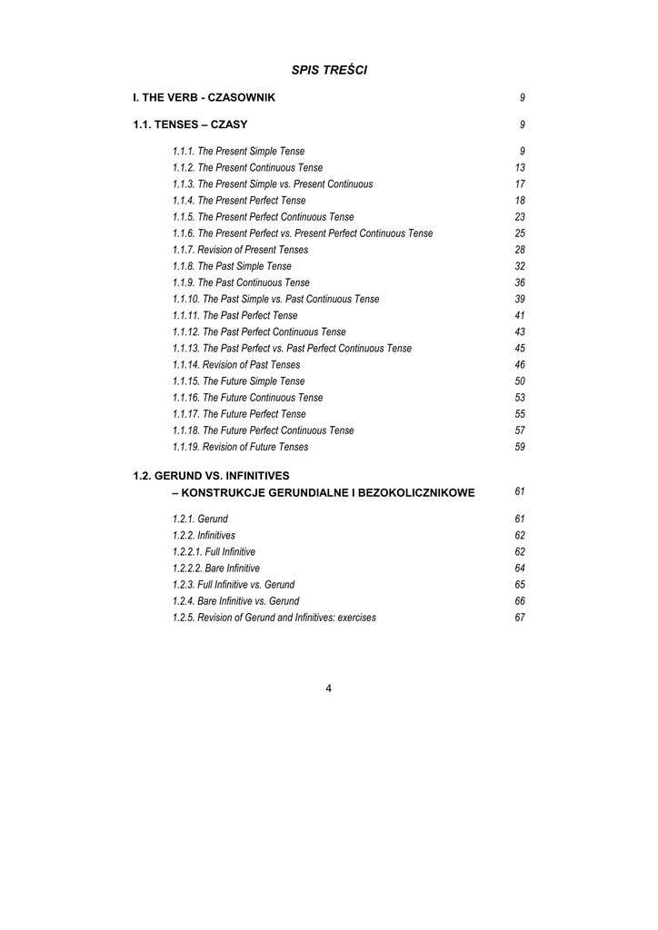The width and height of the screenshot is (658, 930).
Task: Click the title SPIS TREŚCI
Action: [x=329, y=70]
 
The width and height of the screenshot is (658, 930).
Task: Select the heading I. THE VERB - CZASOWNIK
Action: [x=204, y=97]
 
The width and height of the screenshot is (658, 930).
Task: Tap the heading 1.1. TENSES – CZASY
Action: [x=190, y=124]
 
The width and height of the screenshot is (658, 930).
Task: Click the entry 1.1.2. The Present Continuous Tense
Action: [x=247, y=168]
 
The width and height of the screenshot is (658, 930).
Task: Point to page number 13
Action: [x=520, y=168]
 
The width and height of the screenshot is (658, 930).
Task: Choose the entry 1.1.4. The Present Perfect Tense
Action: [x=239, y=201]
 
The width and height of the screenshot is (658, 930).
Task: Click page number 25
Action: [x=520, y=233]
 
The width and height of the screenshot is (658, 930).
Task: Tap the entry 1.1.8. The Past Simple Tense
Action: [x=232, y=266]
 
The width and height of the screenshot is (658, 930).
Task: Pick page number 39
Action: [x=520, y=299]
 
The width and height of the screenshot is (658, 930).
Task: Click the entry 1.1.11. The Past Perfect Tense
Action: [x=234, y=315]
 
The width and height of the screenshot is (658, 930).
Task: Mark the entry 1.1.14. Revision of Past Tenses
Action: [x=236, y=364]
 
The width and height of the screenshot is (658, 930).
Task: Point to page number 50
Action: [x=520, y=381]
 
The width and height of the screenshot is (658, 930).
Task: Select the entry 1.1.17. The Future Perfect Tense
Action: [x=239, y=414]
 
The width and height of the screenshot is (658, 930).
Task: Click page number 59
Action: [x=520, y=447]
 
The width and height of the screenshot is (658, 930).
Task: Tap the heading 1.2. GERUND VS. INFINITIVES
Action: [x=211, y=475]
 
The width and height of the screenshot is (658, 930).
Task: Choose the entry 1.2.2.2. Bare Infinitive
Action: [x=215, y=569]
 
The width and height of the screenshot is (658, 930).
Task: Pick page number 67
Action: [x=520, y=618]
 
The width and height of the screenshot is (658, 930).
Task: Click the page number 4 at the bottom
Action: [x=328, y=688]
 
